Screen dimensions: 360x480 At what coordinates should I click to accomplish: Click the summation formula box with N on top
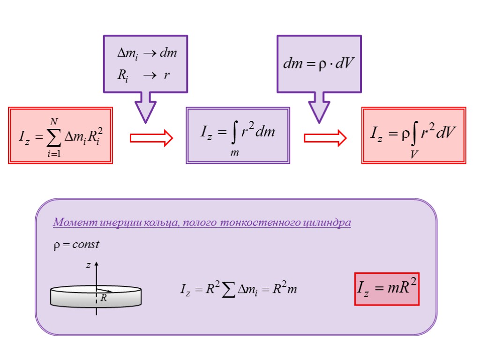[60, 135]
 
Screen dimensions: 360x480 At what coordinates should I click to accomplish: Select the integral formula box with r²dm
[238, 135]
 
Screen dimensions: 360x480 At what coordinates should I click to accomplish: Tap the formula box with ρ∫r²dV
[413, 135]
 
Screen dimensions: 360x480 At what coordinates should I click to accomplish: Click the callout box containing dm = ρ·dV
[319, 64]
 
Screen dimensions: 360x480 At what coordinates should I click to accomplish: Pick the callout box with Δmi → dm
[145, 64]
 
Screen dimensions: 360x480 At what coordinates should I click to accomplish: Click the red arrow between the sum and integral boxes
[151, 138]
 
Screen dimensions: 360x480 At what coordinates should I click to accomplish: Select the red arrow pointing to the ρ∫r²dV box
[325, 138]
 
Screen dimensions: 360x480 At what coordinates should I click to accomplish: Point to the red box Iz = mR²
[387, 289]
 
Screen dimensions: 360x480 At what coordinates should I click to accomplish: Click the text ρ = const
[75, 245]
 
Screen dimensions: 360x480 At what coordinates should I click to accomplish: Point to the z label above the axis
[87, 265]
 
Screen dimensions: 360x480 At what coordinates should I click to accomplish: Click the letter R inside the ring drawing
[104, 298]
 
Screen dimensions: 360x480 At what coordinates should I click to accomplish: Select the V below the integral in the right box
[413, 154]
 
